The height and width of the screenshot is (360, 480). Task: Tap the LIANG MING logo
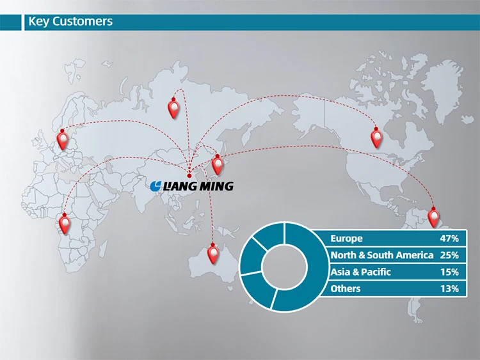192,186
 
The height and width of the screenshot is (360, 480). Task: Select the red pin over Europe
62,138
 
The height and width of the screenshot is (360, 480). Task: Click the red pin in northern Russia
173,106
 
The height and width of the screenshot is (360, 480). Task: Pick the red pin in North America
376,136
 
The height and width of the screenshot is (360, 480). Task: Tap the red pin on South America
435,216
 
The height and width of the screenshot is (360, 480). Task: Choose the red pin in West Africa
64,223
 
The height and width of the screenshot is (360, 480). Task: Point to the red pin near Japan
218,164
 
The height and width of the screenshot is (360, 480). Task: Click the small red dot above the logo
189,174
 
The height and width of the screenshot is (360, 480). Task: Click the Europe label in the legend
346,239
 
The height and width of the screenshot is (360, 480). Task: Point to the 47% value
449,239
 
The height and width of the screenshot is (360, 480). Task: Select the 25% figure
449,255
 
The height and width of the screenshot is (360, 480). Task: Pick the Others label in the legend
346,288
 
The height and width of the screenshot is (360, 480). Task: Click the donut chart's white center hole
284,266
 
